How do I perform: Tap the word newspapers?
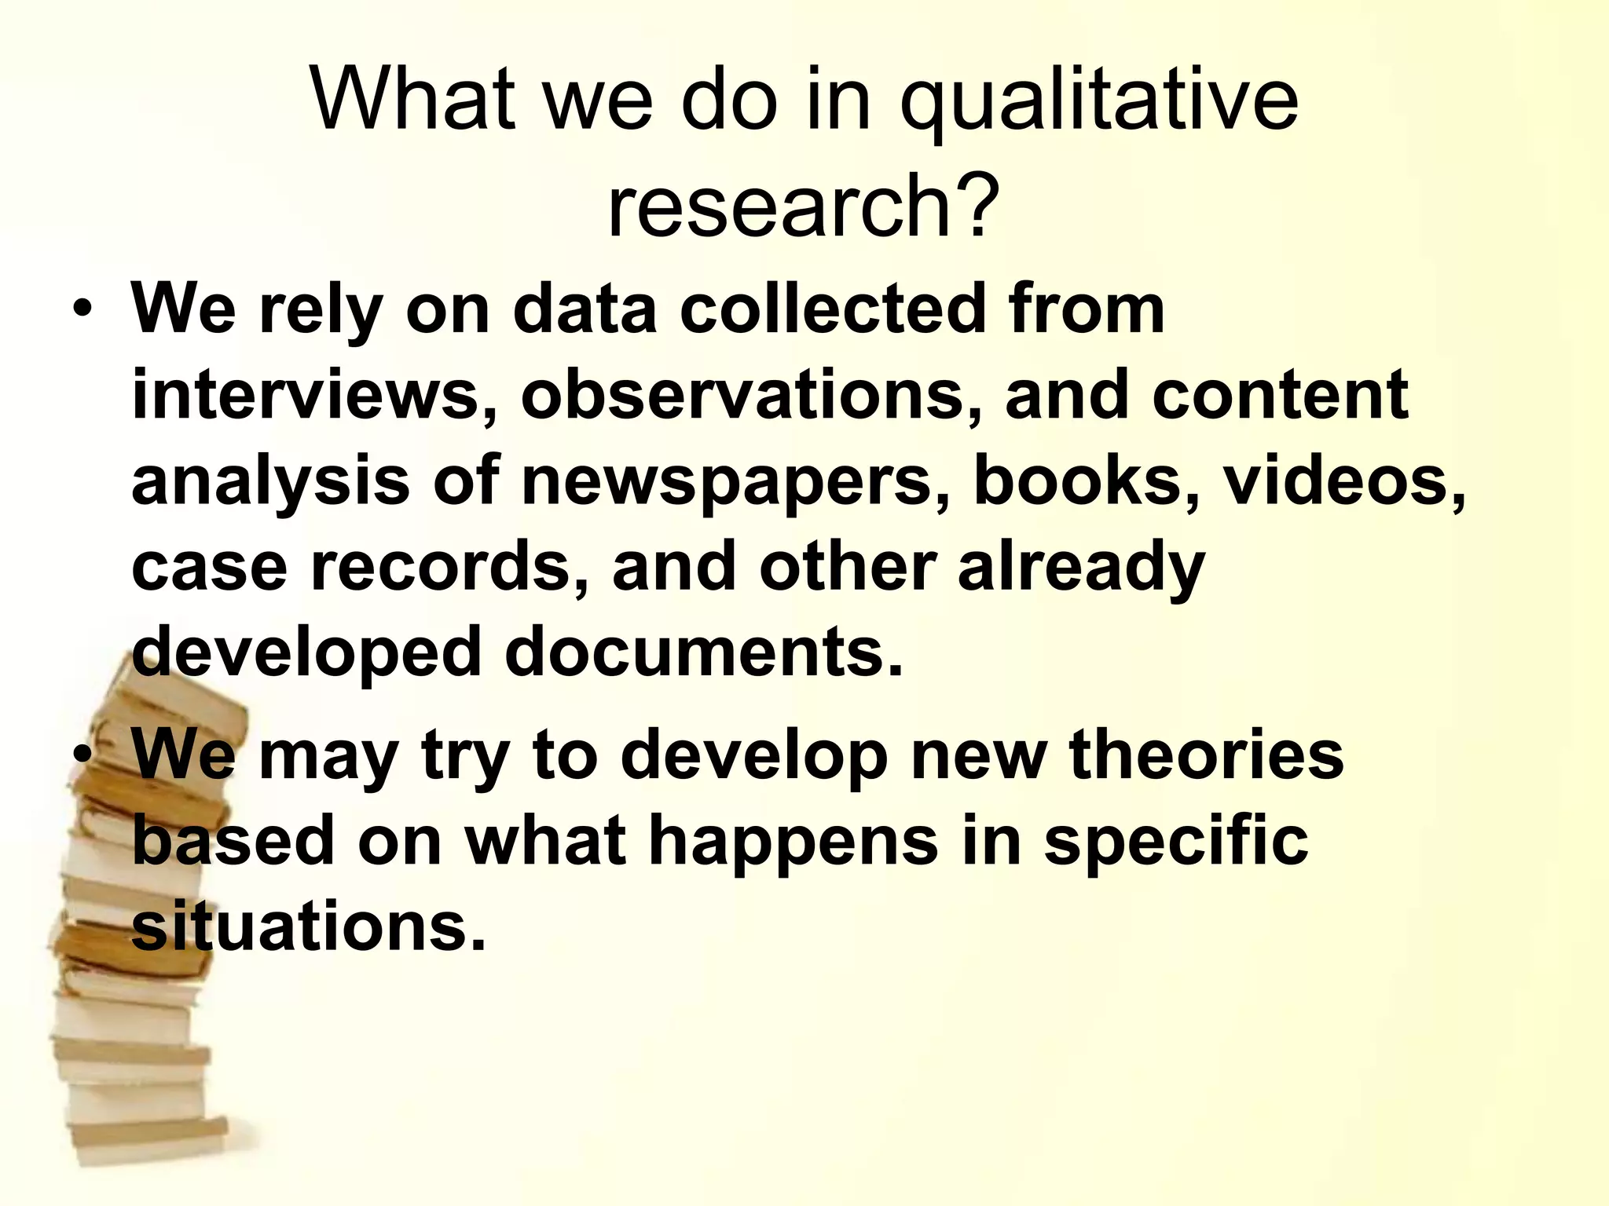pos(734,481)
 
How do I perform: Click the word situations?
pos(308,926)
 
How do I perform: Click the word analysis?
pos(270,482)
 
